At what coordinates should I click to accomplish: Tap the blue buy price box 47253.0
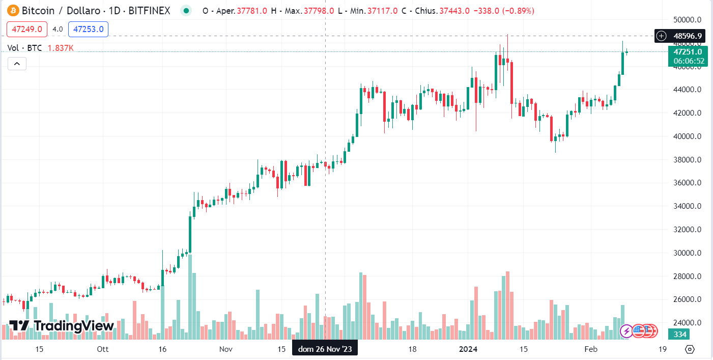click(88, 29)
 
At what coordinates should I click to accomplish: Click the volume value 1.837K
click(61, 48)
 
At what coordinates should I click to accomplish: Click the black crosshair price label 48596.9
click(687, 36)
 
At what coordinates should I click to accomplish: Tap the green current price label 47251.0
click(688, 51)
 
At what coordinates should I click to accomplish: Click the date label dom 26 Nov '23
click(325, 349)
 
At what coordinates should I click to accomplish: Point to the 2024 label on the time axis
click(468, 349)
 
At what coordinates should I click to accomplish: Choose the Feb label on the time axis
click(590, 349)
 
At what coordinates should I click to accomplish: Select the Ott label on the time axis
click(102, 349)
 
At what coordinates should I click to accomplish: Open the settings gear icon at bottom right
click(690, 349)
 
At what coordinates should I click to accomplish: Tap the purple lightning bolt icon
click(626, 331)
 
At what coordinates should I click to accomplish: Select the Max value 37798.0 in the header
click(319, 11)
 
